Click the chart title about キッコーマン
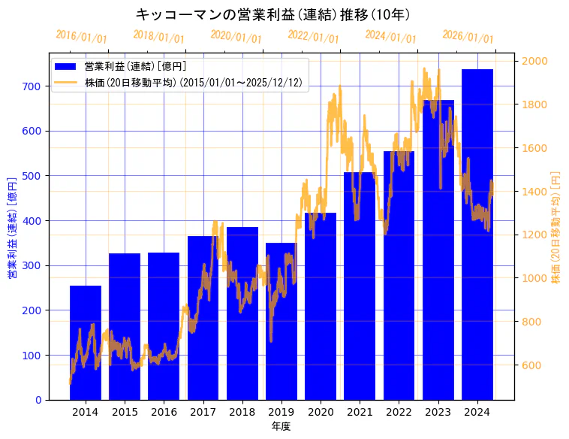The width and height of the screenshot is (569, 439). (x=272, y=14)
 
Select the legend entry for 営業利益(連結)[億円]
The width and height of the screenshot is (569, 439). (x=135, y=67)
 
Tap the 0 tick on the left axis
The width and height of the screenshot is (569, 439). (x=38, y=400)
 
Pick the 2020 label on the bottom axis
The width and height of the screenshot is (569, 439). (x=321, y=412)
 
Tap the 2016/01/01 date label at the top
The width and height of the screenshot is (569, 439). (x=81, y=37)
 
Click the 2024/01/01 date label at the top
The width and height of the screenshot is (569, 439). (x=390, y=37)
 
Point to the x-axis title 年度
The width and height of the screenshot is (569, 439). (x=281, y=426)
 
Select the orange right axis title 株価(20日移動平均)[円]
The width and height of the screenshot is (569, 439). (x=556, y=227)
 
